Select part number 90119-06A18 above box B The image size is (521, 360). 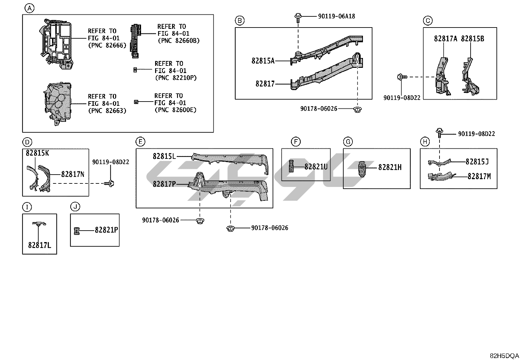pyautogui.click(x=336, y=16)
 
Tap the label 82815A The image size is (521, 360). pyautogui.click(x=263, y=61)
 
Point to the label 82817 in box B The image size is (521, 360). pyautogui.click(x=265, y=84)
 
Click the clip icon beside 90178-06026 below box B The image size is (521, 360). pyautogui.click(x=358, y=109)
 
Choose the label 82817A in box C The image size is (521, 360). pyautogui.click(x=445, y=39)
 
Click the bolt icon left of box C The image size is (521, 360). pyautogui.click(x=402, y=77)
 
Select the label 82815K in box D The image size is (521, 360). pyautogui.click(x=37, y=153)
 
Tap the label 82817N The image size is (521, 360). pyautogui.click(x=73, y=174)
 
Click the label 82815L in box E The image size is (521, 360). pyautogui.click(x=164, y=156)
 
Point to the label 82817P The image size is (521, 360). pyautogui.click(x=164, y=184)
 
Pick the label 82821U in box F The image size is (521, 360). pyautogui.click(x=315, y=167)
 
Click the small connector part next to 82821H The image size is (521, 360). pyautogui.click(x=362, y=168)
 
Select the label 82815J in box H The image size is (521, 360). pyautogui.click(x=477, y=161)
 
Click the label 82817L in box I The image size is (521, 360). pyautogui.click(x=39, y=245)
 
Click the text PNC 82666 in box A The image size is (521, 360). pyautogui.click(x=107, y=45)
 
